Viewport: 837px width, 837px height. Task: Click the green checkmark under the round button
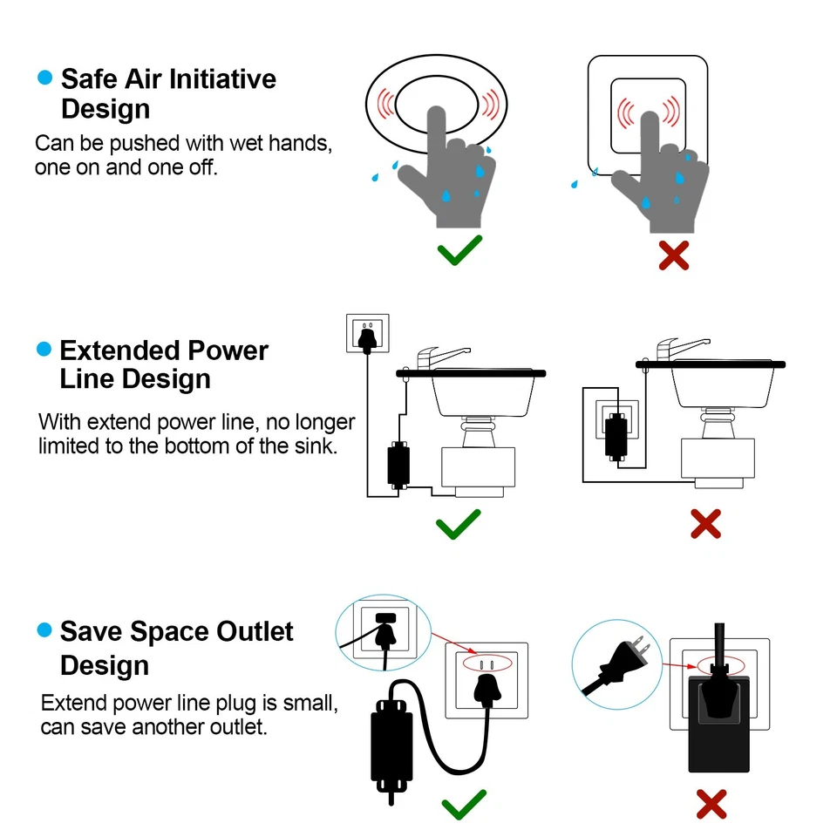pyautogui.click(x=459, y=250)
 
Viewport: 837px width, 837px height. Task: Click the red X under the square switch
pyautogui.click(x=673, y=254)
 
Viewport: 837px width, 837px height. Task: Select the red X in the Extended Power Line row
pyautogui.click(x=705, y=524)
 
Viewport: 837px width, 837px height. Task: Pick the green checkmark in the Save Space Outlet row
pyautogui.click(x=463, y=804)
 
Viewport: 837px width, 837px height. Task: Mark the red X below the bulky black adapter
pyautogui.click(x=712, y=804)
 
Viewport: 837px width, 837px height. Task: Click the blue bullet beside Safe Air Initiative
pyautogui.click(x=44, y=78)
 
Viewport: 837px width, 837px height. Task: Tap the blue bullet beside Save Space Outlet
pyautogui.click(x=44, y=629)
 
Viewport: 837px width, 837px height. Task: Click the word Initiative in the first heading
pyautogui.click(x=221, y=79)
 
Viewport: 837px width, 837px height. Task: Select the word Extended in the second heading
pyautogui.click(x=112, y=350)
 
